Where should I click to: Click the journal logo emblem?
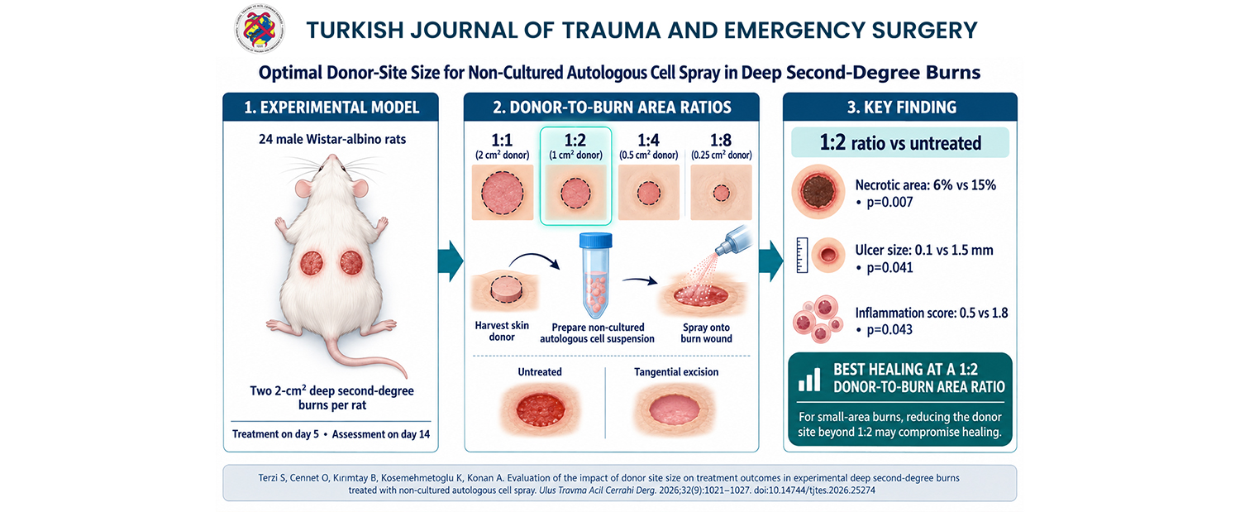point(259,30)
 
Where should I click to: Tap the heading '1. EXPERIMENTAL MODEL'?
point(331,107)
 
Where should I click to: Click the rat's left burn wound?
point(312,263)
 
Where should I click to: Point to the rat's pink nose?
point(331,158)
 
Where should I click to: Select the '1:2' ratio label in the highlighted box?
point(575,140)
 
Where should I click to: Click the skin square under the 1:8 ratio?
point(722,192)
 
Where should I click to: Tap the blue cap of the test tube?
point(596,241)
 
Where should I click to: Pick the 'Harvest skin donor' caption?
point(502,332)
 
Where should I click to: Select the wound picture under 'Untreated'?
point(541,409)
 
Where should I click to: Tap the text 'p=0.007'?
point(889,203)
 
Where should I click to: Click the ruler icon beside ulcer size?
point(802,256)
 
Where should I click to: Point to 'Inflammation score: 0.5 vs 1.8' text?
point(932,313)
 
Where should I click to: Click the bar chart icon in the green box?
point(809,379)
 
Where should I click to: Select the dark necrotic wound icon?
point(818,192)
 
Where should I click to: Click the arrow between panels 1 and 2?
point(451,261)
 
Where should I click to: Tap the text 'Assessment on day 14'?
point(381,434)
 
